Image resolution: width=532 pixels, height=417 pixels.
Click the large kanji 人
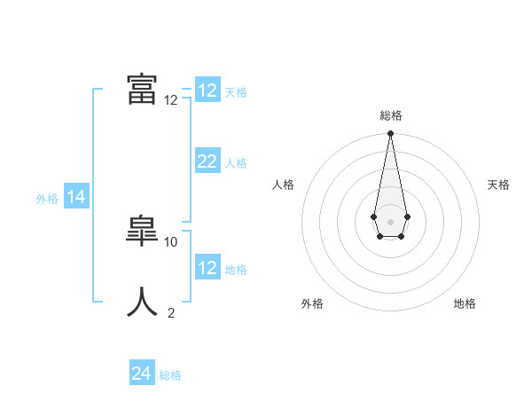[x=142, y=302]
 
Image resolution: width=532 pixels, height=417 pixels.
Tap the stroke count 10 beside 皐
[x=171, y=241]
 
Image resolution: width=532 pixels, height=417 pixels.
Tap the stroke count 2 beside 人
[x=171, y=312]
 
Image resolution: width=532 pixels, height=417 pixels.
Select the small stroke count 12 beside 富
[x=171, y=100]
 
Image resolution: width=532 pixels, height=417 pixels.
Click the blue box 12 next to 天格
[x=207, y=90]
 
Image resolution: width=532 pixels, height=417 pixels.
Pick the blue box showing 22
[x=207, y=161]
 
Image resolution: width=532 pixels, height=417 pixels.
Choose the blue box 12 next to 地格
[x=207, y=268]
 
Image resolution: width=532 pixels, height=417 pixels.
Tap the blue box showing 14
[x=76, y=198]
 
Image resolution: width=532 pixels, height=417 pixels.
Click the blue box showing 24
[x=142, y=374]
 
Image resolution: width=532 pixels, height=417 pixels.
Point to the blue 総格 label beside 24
[x=170, y=375]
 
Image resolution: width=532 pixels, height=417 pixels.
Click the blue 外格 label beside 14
[x=47, y=199]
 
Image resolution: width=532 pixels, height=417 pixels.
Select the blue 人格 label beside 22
[x=236, y=163]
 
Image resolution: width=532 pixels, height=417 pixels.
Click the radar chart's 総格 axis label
[x=390, y=115]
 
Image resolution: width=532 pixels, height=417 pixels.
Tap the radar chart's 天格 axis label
[x=498, y=185]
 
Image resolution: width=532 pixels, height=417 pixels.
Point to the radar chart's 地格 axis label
[x=465, y=303]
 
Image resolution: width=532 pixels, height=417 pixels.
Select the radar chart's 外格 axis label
[x=312, y=303]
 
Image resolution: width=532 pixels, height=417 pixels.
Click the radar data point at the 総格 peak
[x=390, y=134]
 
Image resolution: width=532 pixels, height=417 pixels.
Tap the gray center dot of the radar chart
[x=390, y=221]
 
